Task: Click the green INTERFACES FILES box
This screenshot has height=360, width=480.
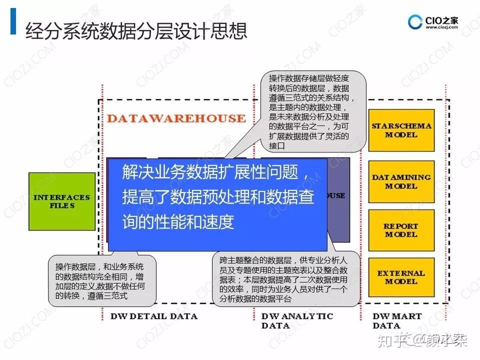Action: [61, 201]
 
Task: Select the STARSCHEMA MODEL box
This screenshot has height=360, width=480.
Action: [401, 130]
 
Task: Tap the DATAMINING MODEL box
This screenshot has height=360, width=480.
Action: [401, 181]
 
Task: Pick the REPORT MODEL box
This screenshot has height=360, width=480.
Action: [401, 230]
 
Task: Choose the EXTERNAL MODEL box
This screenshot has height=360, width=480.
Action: [401, 277]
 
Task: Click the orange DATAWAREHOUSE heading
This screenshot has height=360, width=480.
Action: [176, 118]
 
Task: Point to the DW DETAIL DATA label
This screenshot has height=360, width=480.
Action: [153, 316]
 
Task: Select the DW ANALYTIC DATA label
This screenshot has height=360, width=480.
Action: [297, 320]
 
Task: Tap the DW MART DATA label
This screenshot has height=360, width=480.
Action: [397, 320]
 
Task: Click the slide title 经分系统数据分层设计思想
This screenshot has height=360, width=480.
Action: [136, 31]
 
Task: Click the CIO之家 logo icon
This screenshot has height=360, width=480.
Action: [415, 23]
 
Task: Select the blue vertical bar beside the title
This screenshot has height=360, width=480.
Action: [13, 22]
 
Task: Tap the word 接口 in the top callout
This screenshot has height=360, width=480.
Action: [276, 145]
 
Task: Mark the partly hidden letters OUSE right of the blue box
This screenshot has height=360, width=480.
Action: [336, 195]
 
